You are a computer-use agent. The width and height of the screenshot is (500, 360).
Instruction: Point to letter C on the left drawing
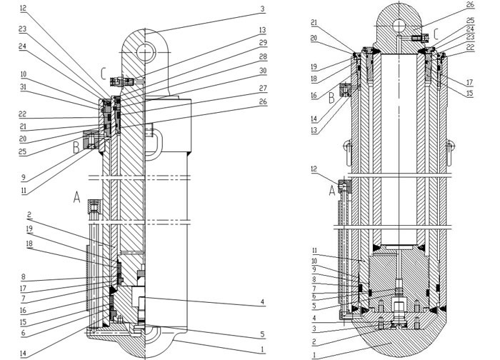tap(104, 72)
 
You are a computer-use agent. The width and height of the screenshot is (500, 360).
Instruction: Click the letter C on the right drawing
tap(436, 33)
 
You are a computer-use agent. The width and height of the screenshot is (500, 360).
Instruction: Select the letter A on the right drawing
tap(331, 191)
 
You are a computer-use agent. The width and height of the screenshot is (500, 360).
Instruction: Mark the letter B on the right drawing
tap(331, 99)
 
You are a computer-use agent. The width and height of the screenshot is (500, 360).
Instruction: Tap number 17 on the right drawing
tap(470, 81)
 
